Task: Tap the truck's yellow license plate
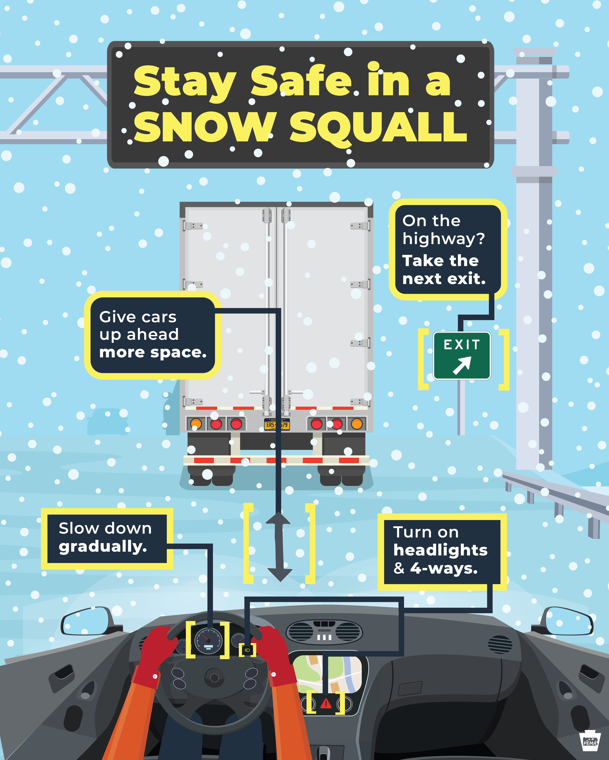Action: click(277, 424)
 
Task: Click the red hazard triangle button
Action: click(326, 704)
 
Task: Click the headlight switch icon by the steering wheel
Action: click(247, 650)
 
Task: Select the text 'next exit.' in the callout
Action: click(444, 279)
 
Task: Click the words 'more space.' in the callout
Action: click(153, 352)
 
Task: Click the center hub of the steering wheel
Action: click(214, 677)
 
